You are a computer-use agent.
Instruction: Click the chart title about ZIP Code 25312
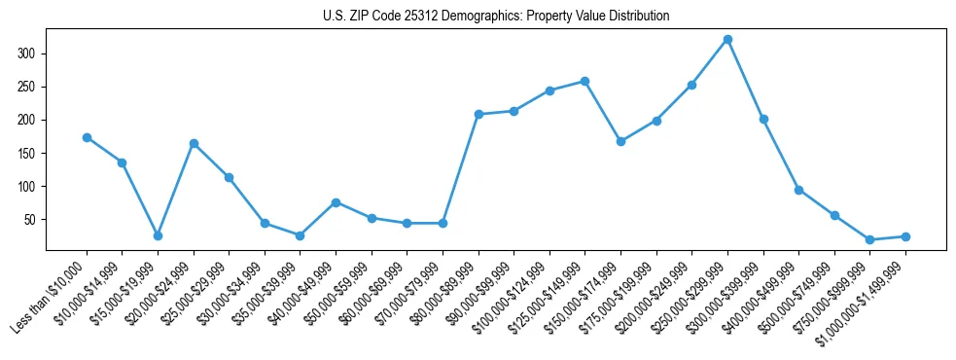click(496, 16)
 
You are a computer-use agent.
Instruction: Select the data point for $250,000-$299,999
click(727, 39)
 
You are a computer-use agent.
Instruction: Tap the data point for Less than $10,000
click(87, 137)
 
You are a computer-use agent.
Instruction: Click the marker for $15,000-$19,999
click(158, 235)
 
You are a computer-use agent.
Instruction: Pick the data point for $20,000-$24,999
click(194, 143)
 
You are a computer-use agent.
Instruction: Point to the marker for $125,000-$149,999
click(584, 81)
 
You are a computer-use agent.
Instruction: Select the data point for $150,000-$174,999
click(620, 141)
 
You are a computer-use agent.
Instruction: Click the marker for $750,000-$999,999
click(869, 239)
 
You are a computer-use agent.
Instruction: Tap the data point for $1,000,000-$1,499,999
click(905, 236)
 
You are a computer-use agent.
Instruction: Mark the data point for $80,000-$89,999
click(478, 114)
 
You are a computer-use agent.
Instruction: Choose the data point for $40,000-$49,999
click(336, 202)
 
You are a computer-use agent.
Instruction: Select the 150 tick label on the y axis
click(29, 154)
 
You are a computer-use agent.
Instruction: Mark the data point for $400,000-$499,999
click(798, 190)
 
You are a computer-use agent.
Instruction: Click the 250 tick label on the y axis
click(29, 87)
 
